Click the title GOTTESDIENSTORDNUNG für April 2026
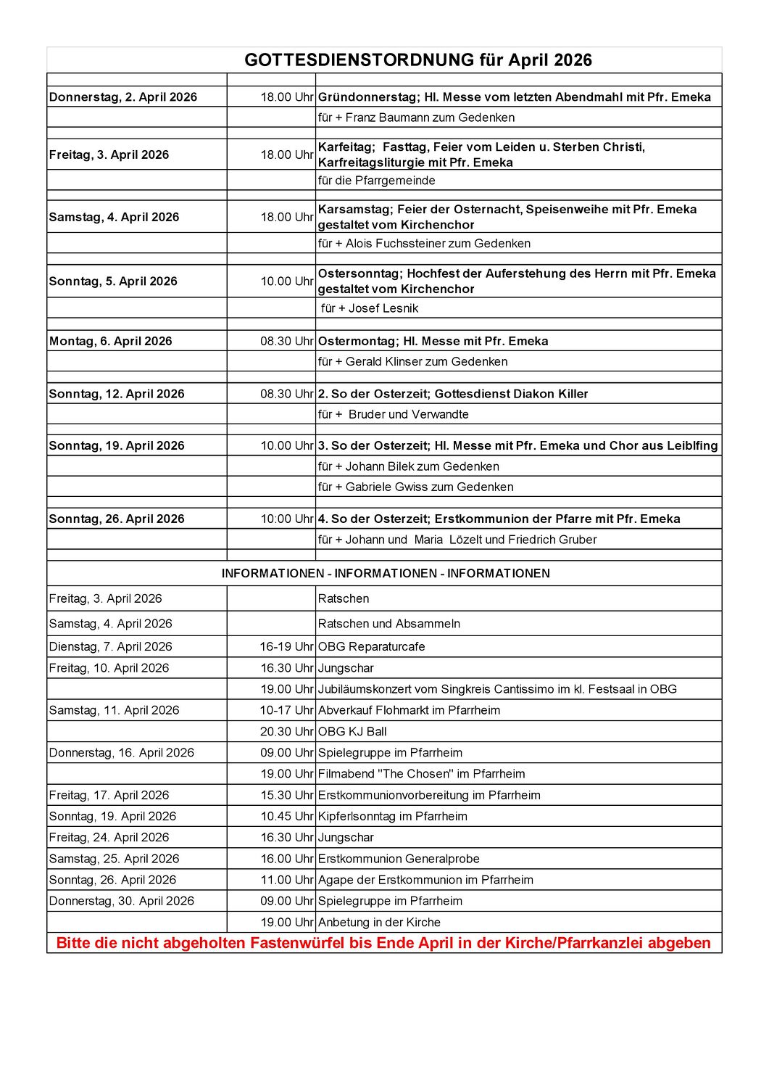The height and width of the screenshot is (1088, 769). point(417,60)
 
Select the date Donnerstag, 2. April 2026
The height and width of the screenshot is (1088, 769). point(123,97)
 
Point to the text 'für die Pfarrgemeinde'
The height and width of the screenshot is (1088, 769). point(376,181)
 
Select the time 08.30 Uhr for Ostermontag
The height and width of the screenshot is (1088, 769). point(286,342)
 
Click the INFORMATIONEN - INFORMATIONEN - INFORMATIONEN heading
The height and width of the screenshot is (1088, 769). point(386,574)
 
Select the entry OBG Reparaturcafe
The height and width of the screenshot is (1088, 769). point(371,647)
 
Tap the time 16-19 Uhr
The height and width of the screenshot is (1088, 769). point(286,647)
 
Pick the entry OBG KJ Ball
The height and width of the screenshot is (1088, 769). point(352,732)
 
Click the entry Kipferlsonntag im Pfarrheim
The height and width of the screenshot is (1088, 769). point(392,817)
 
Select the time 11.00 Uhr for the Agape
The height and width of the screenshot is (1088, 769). point(286,881)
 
